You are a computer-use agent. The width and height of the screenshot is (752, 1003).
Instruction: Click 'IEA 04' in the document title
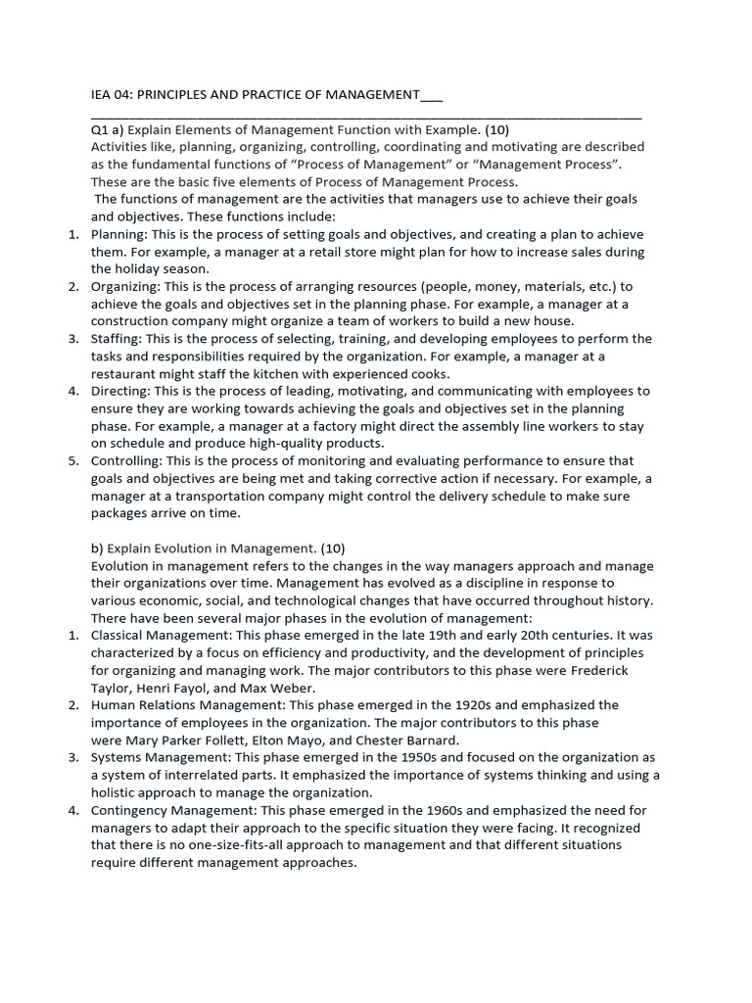point(110,94)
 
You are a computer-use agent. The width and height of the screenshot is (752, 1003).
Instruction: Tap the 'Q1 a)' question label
point(108,129)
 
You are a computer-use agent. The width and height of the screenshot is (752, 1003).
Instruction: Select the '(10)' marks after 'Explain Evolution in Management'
point(327,549)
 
